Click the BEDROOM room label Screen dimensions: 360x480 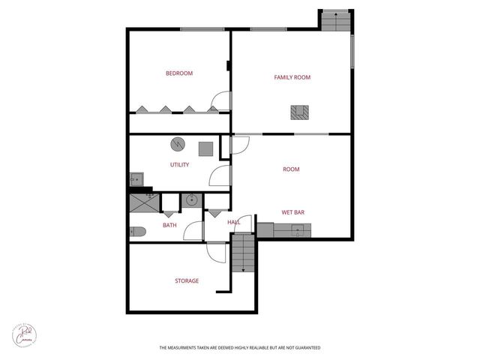[179, 73]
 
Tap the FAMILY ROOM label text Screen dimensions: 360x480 [292, 77]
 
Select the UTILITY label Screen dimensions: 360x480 [179, 165]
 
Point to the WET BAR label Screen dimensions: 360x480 [292, 212]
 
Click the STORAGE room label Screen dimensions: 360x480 [187, 281]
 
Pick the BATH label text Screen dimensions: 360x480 [169, 225]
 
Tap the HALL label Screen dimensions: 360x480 [234, 222]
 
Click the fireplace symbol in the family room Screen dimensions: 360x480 [299, 112]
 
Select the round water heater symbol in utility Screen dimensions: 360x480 [178, 144]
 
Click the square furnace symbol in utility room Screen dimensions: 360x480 [205, 148]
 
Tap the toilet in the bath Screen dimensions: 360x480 [136, 232]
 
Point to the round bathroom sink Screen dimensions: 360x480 [191, 200]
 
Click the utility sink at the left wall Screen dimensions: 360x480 [136, 180]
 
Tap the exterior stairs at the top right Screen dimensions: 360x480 [335, 21]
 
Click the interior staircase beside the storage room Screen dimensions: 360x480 [242, 253]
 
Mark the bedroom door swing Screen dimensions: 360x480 [220, 100]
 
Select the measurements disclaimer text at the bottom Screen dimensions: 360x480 [240, 348]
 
